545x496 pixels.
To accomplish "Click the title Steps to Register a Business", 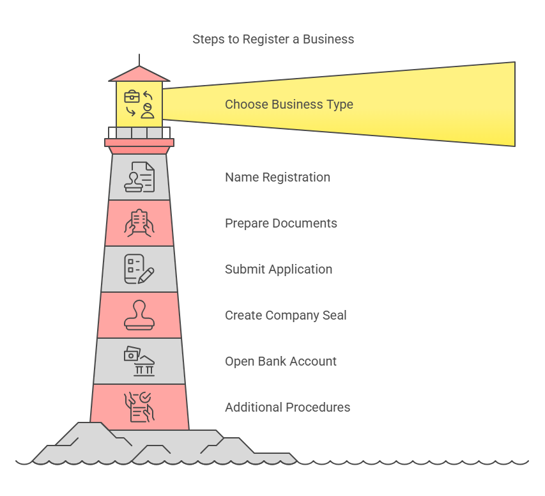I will (273, 40).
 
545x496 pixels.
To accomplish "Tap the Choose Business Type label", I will (289, 104).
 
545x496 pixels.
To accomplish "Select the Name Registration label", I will (277, 177).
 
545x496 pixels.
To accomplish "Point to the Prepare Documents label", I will (280, 223).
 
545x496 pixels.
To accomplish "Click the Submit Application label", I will (278, 269).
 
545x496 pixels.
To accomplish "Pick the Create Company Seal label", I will (286, 315).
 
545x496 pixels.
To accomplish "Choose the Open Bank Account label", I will (280, 361).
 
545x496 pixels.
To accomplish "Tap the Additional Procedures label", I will (288, 407).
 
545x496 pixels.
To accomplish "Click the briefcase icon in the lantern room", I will (132, 97).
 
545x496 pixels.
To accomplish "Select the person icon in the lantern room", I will (148, 111).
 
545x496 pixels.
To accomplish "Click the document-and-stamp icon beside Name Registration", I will (139, 177).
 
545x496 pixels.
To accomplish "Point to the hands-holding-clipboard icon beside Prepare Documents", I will (139, 223).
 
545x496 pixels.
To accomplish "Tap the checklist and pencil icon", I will (139, 269).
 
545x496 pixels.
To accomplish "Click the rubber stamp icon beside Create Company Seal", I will (139, 315).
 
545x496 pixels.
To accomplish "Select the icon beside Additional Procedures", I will (139, 407).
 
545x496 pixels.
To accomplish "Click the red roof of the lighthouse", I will (139, 75).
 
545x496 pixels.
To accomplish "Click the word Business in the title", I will (328, 40).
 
